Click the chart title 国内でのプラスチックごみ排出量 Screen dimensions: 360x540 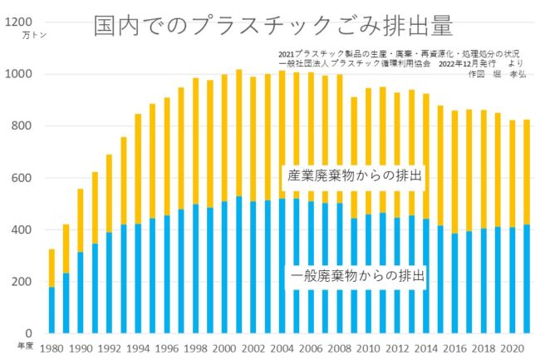click(273, 26)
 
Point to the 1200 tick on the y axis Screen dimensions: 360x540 click(18, 23)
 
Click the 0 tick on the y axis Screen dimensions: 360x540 click(27, 333)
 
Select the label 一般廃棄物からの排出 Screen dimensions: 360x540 click(357, 275)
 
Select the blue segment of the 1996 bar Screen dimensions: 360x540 click(167, 274)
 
